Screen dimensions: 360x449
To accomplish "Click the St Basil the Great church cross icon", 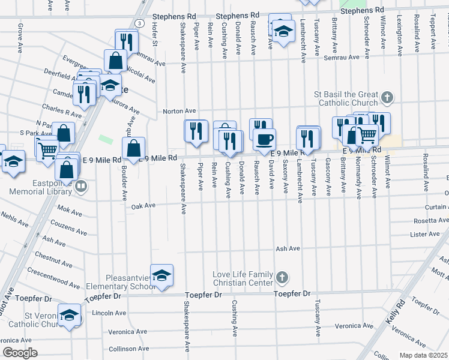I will pos(388,97).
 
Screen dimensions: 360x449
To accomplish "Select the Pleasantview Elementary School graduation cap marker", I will pos(161,275).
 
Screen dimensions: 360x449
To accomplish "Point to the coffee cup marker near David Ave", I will pos(264,139).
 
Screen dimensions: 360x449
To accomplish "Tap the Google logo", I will pos(20,352).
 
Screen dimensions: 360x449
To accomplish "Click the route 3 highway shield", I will pos(139,23).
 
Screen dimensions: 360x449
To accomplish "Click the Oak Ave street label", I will pos(143,206).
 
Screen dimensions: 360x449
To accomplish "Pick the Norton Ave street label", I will pos(180,111).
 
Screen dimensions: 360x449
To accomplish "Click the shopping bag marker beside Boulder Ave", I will pos(134,148).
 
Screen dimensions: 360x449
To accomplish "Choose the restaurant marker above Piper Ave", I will pos(196,131).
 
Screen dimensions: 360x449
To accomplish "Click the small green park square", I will pos(106,139).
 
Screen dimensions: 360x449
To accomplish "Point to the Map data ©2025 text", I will pos(423,355).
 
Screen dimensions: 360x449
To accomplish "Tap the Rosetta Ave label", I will pos(425,221).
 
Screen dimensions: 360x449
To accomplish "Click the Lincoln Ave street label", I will pos(109,313).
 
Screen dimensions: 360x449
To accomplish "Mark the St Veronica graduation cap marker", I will pos(70,315).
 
